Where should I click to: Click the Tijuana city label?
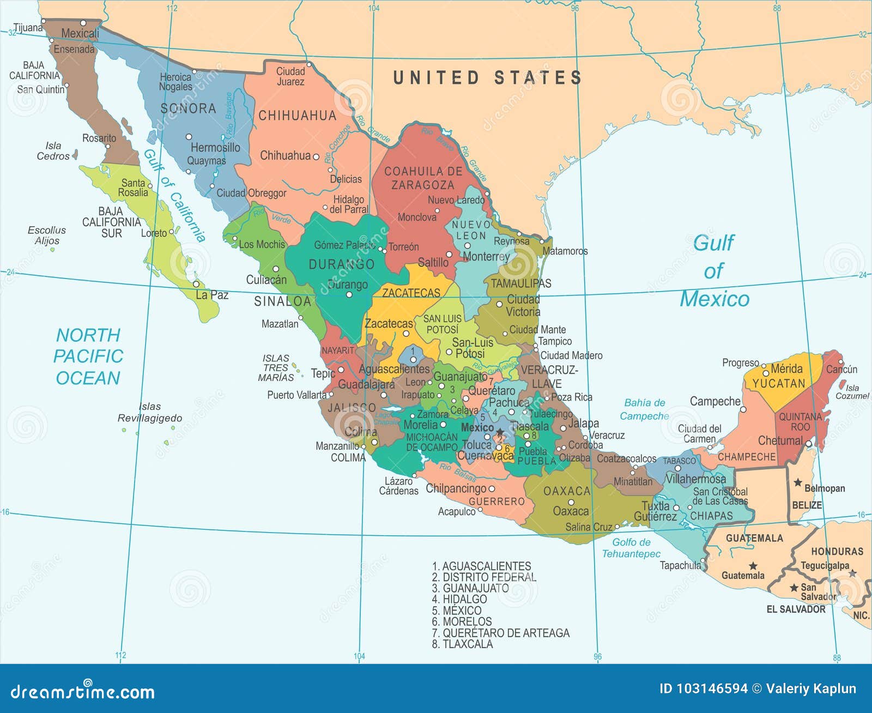[x=28, y=27]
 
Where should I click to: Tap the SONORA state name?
[x=188, y=108]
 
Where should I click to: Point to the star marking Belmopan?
[x=798, y=482]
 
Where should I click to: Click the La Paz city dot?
[x=196, y=284]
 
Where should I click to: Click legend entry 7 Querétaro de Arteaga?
[x=500, y=633]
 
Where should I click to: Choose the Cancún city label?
[x=841, y=369]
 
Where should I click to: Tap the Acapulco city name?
[x=457, y=511]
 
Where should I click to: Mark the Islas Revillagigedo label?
[x=149, y=412]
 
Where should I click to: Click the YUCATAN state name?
[x=779, y=383]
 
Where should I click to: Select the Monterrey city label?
[x=486, y=256]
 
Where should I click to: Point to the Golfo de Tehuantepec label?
[x=631, y=548]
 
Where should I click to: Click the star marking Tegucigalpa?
[x=852, y=573]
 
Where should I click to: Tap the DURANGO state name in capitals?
[x=342, y=264]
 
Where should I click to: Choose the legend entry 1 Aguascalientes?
[x=481, y=566]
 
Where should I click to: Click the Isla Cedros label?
[x=53, y=150]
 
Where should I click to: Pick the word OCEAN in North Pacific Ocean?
[x=88, y=378]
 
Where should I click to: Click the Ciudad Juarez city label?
[x=290, y=76]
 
